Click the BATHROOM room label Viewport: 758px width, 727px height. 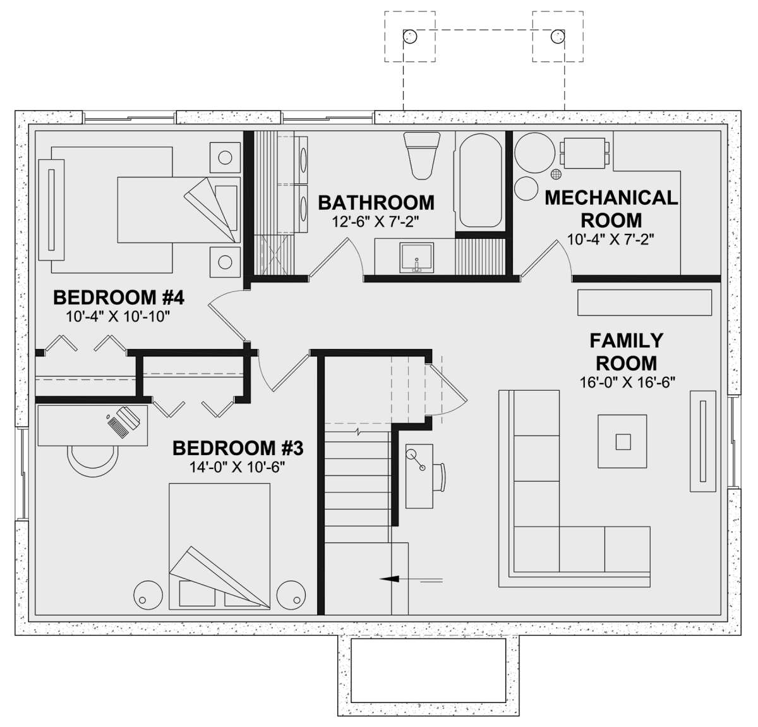coord(376,203)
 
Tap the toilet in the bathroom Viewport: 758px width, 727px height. coord(422,155)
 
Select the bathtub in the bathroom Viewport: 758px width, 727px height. coord(480,180)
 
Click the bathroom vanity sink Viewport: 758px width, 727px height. coord(416,258)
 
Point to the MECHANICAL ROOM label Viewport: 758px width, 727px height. coord(611,209)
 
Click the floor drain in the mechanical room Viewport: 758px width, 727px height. coord(556,174)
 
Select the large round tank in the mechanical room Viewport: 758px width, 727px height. coord(535,152)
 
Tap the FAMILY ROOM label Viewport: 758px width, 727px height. coord(627,352)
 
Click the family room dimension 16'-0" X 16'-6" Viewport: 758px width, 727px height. coord(627,382)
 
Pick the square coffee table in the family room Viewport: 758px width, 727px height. coord(622,441)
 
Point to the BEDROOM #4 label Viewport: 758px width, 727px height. coord(118,298)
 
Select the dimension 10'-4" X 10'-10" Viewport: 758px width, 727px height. coord(118,317)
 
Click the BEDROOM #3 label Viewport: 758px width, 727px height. coord(238,448)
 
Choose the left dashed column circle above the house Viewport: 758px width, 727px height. coord(410,36)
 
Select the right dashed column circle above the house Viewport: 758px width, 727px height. coord(558,36)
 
